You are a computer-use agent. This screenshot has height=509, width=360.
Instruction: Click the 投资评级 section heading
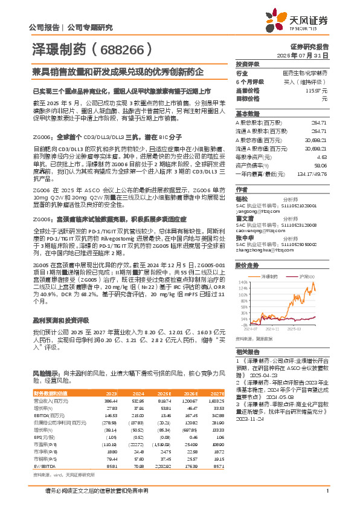(x=247, y=64)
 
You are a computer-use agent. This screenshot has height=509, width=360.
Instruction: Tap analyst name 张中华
(x=244, y=238)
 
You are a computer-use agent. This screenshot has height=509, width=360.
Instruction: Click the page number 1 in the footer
(x=327, y=498)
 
